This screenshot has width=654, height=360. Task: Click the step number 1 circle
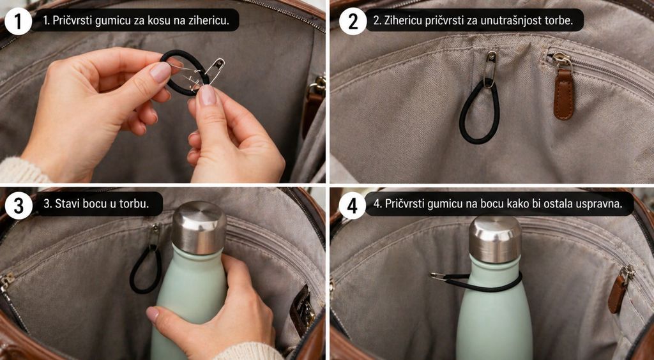[x=18, y=21]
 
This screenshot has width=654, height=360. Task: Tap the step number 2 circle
[x=353, y=21]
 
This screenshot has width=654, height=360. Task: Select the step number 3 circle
[x=18, y=205]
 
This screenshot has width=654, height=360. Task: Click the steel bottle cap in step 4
[x=495, y=239]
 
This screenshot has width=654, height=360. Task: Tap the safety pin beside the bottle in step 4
[x=441, y=276]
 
